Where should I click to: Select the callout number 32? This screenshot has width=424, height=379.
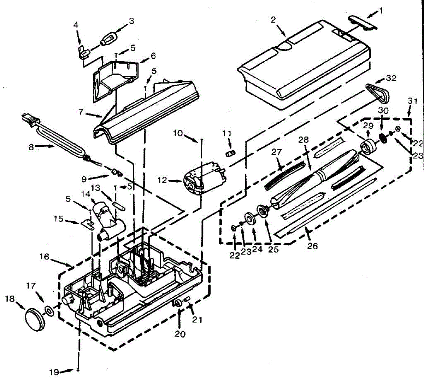point(391,78)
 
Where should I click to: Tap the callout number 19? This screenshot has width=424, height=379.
point(54,372)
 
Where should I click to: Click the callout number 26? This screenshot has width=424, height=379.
point(312,246)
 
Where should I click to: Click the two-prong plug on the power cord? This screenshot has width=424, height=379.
point(28,118)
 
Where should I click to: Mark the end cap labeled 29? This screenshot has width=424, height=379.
point(367,147)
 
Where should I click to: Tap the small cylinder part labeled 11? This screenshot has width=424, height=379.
point(230,154)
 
